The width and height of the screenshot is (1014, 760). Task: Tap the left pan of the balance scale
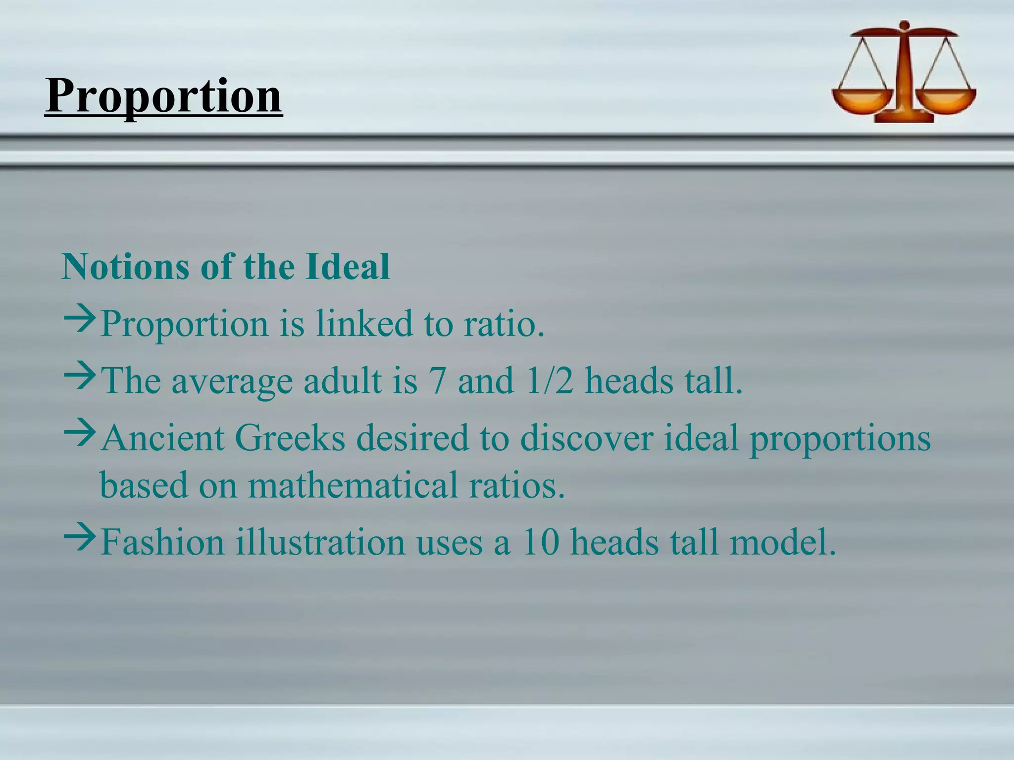(x=862, y=99)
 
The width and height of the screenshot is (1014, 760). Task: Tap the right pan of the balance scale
(x=947, y=99)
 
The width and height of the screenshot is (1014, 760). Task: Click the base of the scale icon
(x=904, y=118)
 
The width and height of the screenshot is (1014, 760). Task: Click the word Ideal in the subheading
(x=347, y=267)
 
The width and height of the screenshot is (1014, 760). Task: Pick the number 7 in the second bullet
(x=438, y=381)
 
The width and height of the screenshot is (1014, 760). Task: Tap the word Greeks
(x=289, y=438)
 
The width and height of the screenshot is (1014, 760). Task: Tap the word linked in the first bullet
(x=364, y=324)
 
